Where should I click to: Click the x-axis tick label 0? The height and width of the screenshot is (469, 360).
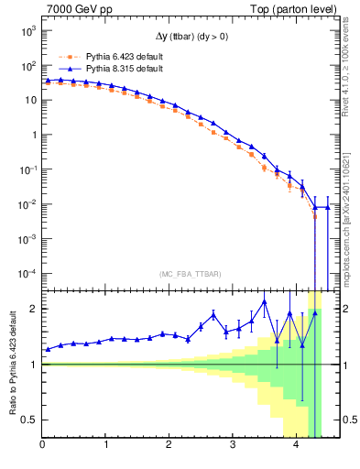(42, 446)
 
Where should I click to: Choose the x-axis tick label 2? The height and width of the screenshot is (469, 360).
(169, 446)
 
